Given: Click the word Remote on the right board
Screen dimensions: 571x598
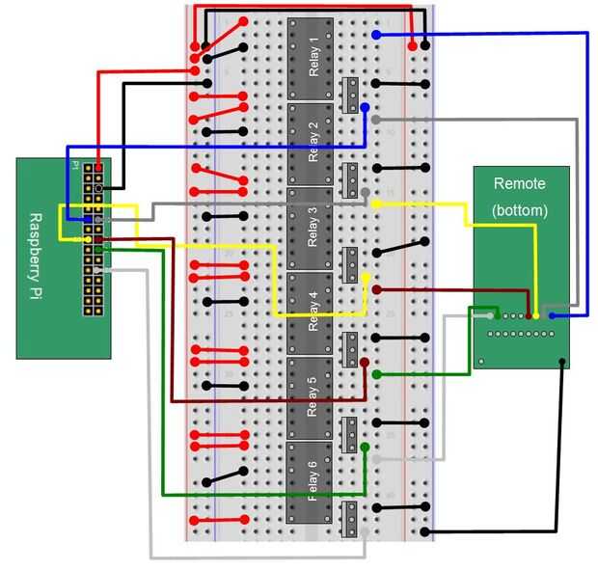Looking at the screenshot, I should pos(519,183).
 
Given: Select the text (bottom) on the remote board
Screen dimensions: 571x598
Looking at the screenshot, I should pos(520,209).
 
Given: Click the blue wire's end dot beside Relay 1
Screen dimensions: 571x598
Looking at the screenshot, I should pos(375,35).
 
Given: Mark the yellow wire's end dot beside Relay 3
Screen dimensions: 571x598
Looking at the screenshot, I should pos(375,204).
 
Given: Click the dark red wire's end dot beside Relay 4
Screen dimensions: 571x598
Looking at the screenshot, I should pos(375,289).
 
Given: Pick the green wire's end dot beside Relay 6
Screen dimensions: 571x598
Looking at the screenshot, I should pos(365,448).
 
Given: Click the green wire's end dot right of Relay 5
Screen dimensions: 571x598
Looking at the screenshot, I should pos(375,374).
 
